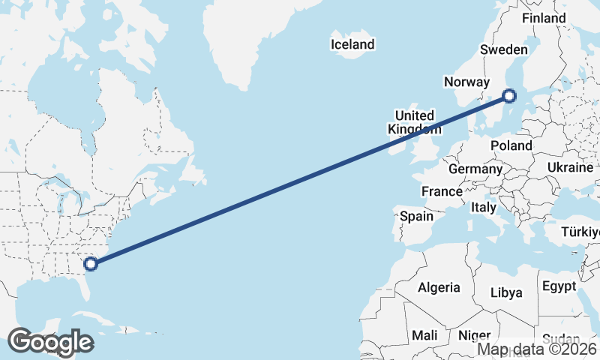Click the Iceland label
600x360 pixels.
(x=352, y=44)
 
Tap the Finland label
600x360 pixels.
(x=544, y=18)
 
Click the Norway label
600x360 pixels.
(x=466, y=82)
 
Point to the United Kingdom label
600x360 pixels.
(x=414, y=122)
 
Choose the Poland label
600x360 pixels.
(x=511, y=145)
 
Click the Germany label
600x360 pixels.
(x=475, y=169)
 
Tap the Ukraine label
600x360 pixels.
(x=570, y=166)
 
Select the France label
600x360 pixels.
(x=442, y=191)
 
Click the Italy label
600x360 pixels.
(x=484, y=206)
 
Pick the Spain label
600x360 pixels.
(x=416, y=216)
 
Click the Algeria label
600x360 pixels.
(x=439, y=287)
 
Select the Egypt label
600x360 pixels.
(x=559, y=286)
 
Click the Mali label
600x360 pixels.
(x=424, y=335)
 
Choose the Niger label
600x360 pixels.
(x=474, y=335)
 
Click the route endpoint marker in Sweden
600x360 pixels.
(x=509, y=95)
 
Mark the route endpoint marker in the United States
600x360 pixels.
(x=91, y=263)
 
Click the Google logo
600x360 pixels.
(x=51, y=342)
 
